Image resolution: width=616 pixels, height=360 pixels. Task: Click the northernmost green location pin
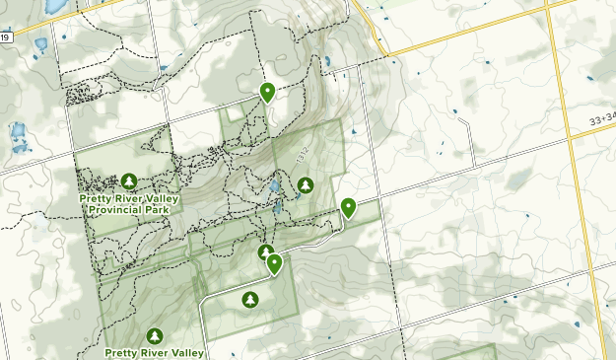[267, 93]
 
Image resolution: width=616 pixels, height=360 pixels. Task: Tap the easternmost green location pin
[348, 207]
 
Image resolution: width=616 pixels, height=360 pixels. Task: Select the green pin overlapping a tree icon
[274, 263]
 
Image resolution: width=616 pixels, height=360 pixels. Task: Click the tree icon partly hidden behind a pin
[264, 253]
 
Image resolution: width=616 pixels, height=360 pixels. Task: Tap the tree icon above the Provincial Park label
[128, 181]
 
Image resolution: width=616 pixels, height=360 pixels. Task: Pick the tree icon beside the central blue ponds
[305, 184]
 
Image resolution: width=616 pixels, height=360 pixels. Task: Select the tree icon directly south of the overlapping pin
[249, 299]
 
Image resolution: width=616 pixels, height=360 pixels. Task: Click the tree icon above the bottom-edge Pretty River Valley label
[156, 335]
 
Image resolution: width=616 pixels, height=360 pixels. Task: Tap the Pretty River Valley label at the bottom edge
[155, 352]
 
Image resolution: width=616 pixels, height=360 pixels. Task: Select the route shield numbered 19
[5, 37]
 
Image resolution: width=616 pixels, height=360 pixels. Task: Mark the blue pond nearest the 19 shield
[39, 44]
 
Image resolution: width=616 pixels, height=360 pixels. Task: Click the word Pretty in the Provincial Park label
[98, 198]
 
